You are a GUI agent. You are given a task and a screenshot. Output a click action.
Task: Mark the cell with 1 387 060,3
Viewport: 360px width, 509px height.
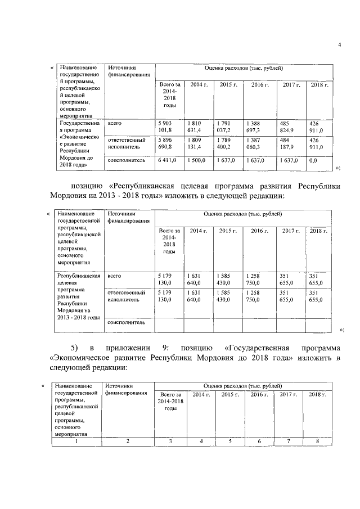tap(258, 143)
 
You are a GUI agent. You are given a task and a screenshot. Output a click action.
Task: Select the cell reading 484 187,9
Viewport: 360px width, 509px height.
tap(287, 143)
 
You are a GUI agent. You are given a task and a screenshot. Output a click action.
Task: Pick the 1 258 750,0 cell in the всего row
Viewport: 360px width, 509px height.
tap(258, 280)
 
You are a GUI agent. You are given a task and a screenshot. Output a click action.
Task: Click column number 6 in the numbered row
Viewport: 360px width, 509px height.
tap(259, 441)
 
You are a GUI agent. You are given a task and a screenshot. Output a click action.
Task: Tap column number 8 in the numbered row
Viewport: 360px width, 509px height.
tap(317, 441)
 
